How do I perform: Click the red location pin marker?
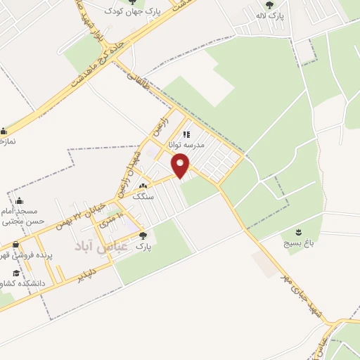181,167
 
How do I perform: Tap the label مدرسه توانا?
186,143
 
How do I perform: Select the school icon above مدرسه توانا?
186,134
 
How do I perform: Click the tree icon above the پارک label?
143,236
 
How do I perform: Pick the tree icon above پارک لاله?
269,5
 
